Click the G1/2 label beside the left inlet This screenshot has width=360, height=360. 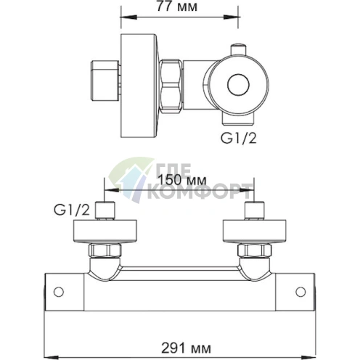71,211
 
